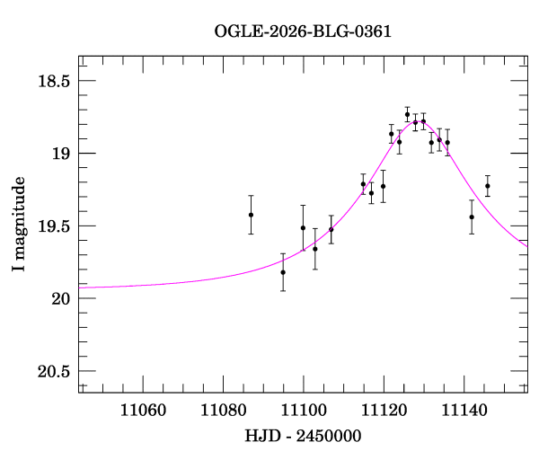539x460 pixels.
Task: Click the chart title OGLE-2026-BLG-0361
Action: (x=303, y=31)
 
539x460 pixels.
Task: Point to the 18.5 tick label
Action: (x=52, y=81)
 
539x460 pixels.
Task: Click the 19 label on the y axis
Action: (x=61, y=154)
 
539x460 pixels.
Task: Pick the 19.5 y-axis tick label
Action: (x=52, y=226)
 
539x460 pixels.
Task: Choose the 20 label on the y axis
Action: (x=61, y=298)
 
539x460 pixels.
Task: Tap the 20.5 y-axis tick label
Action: (x=52, y=371)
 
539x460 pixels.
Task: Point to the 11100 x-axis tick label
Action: (x=304, y=410)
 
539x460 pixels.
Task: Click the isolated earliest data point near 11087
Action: (x=251, y=215)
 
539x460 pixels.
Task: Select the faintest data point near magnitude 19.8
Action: (x=283, y=272)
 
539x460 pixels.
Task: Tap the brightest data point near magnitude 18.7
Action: (x=407, y=114)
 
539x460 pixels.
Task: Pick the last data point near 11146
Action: (x=488, y=186)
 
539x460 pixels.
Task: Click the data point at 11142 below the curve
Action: (x=472, y=217)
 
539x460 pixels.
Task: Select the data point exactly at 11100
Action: (x=303, y=228)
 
